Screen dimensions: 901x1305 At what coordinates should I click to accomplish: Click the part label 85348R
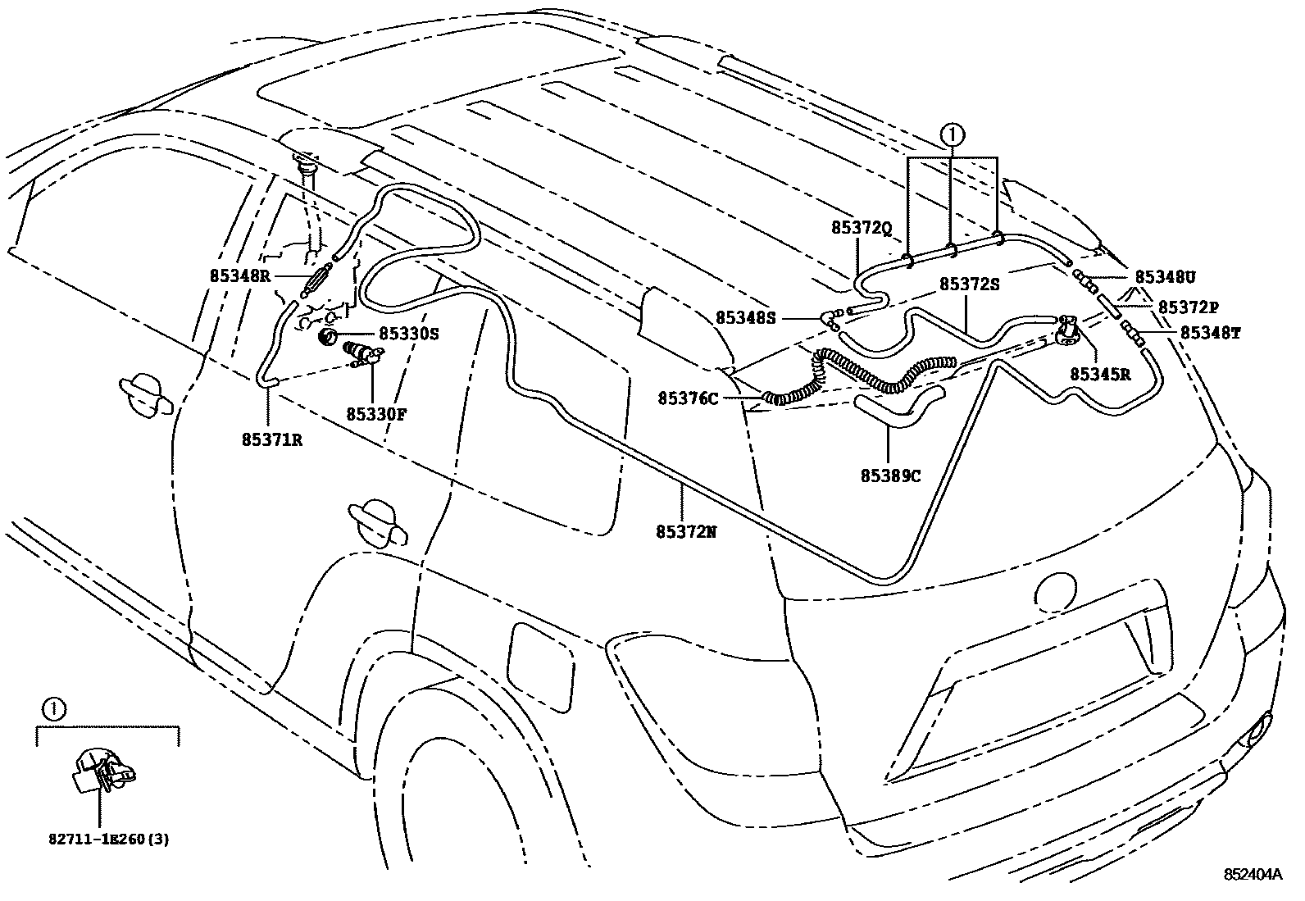coord(238,276)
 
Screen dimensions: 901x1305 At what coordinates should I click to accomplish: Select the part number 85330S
coord(409,334)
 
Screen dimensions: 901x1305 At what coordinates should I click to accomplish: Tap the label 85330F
coord(376,414)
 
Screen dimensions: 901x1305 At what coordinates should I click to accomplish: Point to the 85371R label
coord(272,440)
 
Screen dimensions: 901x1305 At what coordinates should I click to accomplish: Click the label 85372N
coord(686,531)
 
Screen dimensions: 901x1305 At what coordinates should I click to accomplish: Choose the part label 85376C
coord(688,398)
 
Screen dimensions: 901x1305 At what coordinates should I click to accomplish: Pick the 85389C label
coord(891,476)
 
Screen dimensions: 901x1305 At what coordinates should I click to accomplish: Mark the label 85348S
coord(745,317)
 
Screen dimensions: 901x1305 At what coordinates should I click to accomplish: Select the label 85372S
coord(970,284)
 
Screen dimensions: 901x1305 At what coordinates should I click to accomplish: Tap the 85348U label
coord(1165,276)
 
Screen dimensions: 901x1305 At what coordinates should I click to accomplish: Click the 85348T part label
coord(1210,332)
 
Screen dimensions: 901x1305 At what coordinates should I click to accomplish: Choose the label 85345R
coord(1100,374)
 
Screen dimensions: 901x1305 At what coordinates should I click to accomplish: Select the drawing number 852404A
coord(1253,874)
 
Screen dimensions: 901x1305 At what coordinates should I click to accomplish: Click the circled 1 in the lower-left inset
coord(52,709)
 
